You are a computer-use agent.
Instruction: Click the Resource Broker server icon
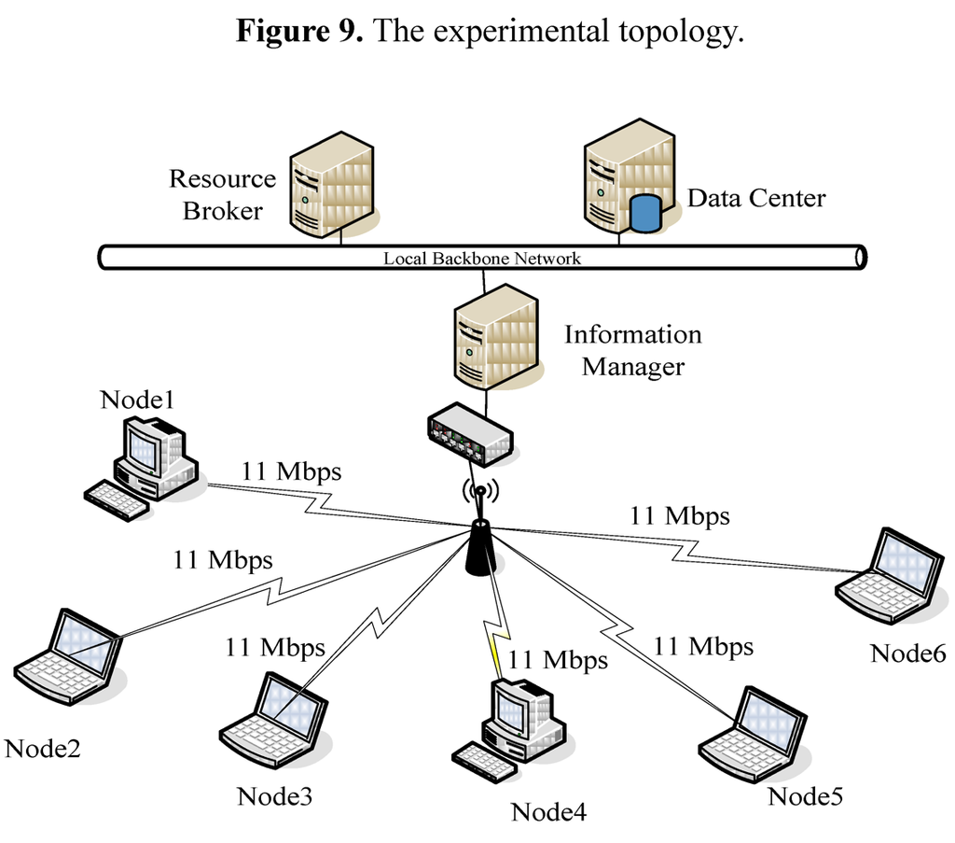coord(331,185)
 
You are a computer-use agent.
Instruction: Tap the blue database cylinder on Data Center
coord(644,212)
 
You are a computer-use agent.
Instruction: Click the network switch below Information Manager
coord(469,433)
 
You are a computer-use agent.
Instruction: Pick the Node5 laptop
coord(754,737)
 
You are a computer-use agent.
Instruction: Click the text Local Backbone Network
coord(482,259)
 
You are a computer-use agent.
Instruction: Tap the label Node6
coord(907,653)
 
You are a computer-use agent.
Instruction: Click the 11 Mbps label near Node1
coord(291,471)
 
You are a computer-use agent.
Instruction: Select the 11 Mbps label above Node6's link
coord(679,514)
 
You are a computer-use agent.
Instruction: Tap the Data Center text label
coord(755,198)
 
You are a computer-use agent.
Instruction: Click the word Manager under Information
coord(632,367)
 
